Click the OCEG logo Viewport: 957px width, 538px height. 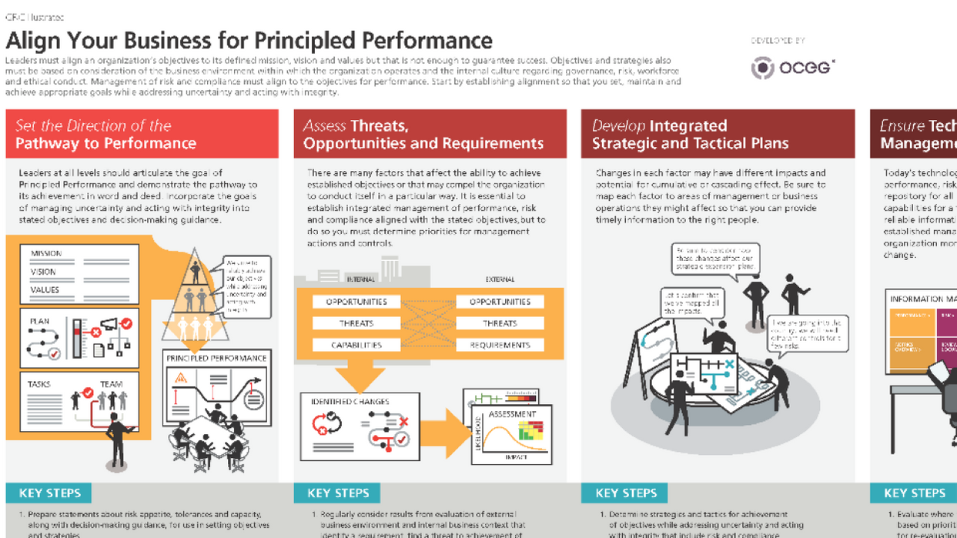pos(793,68)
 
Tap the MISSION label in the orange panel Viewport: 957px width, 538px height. pos(46,253)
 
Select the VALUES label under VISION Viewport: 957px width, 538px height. pos(45,290)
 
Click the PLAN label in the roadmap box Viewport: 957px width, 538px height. pos(39,321)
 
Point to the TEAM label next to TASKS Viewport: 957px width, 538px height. pos(111,384)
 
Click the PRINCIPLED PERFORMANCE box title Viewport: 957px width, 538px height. pos(217,358)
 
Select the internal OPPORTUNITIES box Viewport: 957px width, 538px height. pos(356,302)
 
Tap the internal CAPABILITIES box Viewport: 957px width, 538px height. pos(356,345)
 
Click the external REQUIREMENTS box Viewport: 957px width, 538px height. pos(500,345)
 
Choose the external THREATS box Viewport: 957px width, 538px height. pos(500,323)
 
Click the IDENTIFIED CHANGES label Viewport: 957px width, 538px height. pos(350,402)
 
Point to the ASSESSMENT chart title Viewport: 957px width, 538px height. pos(512,414)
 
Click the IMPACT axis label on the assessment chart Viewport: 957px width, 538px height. pos(516,457)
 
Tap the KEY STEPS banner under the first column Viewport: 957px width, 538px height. pos(49,493)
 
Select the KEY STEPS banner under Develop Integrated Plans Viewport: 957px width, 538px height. pos(626,493)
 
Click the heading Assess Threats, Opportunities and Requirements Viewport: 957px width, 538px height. pos(423,135)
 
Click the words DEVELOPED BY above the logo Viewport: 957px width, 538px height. pos(778,41)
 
